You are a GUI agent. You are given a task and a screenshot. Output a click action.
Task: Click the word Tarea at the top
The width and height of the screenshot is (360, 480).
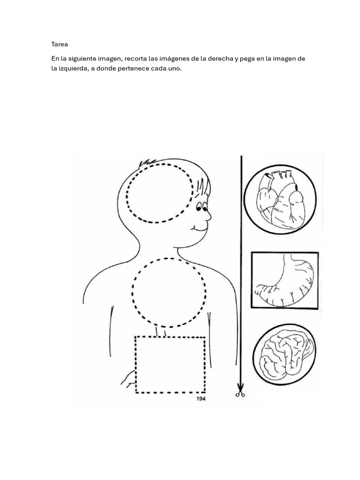(60, 45)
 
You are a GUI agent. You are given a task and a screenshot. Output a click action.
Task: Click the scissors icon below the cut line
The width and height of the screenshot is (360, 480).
(240, 393)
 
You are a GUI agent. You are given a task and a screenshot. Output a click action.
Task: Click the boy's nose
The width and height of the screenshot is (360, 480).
(208, 216)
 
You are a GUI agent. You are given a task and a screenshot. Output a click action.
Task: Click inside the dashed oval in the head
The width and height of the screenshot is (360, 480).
(159, 192)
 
